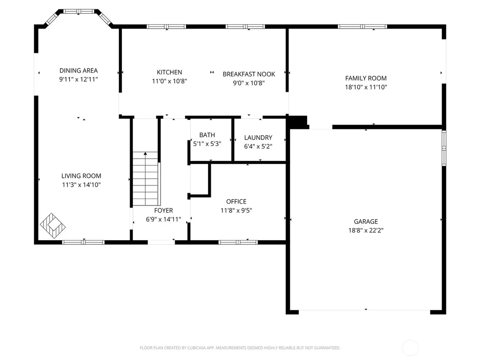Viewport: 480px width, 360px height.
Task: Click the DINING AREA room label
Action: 79,71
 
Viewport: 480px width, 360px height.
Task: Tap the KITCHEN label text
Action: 169,72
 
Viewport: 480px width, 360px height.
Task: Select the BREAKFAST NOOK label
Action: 249,74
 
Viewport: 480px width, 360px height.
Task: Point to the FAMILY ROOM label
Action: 366,78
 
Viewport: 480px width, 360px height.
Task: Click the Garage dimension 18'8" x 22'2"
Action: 366,230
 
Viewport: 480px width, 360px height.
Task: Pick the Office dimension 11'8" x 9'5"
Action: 236,210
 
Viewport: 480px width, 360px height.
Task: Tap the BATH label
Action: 207,135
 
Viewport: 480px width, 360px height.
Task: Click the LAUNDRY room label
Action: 258,138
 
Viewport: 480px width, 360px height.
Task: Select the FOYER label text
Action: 163,211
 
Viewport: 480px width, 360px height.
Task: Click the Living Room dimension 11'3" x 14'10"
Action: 81,184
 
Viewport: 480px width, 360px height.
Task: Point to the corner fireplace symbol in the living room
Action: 52,226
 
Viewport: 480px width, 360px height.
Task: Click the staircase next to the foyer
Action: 146,179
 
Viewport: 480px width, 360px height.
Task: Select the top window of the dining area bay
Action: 79,11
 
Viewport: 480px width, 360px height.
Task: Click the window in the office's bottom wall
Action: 238,242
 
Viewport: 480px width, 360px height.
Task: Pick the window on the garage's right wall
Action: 444,148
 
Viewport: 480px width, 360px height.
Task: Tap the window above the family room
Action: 362,27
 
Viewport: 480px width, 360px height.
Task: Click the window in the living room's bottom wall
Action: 83,242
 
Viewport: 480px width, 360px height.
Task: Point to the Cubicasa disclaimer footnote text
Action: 240,348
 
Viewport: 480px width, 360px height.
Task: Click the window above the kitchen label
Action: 166,27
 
